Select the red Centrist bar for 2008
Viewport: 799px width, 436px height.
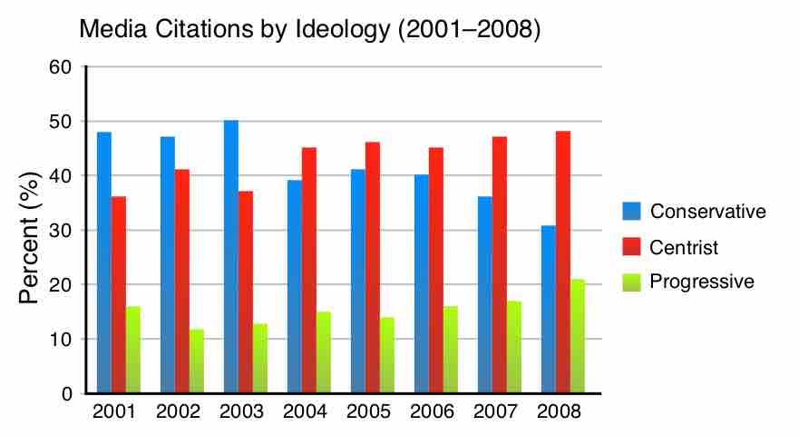(563, 263)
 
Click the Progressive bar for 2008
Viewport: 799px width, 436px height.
(578, 337)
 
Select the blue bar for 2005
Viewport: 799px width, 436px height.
(358, 282)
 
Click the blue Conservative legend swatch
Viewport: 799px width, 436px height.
(631, 212)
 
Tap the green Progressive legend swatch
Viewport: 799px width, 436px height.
(631, 282)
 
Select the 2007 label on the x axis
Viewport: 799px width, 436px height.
(495, 411)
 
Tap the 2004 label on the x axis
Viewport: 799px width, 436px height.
(305, 411)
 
